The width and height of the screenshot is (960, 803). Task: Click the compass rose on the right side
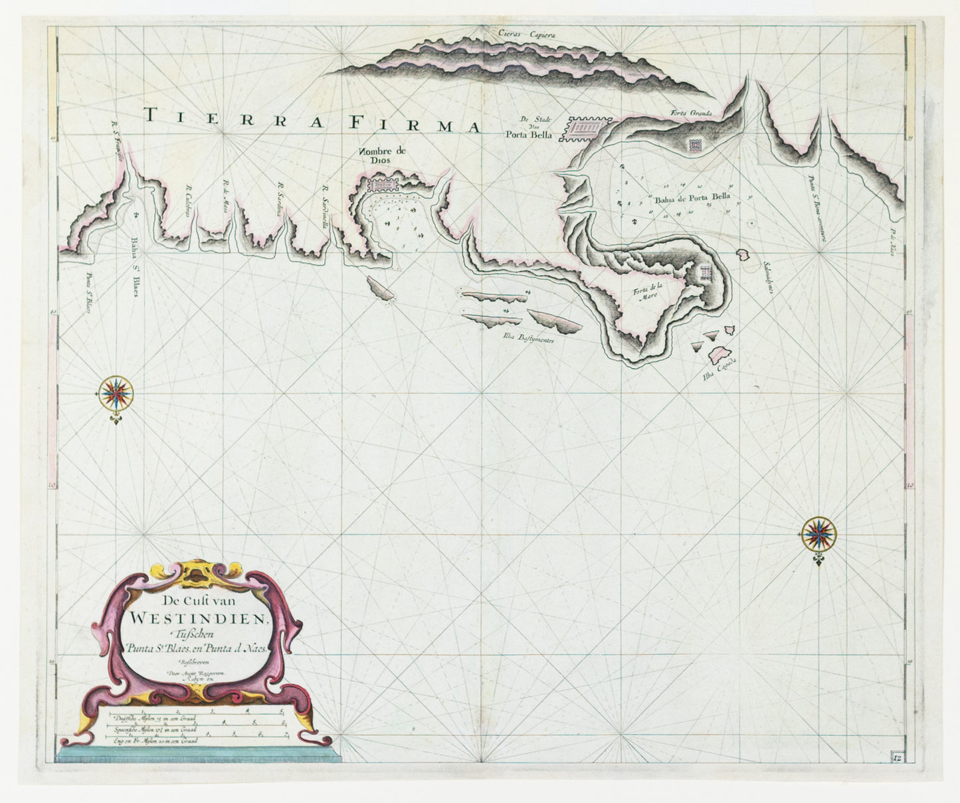pyautogui.click(x=818, y=533)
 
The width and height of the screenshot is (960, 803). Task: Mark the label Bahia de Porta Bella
pyautogui.click(x=692, y=197)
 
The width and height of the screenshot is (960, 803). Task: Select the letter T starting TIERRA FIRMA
pyautogui.click(x=151, y=115)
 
